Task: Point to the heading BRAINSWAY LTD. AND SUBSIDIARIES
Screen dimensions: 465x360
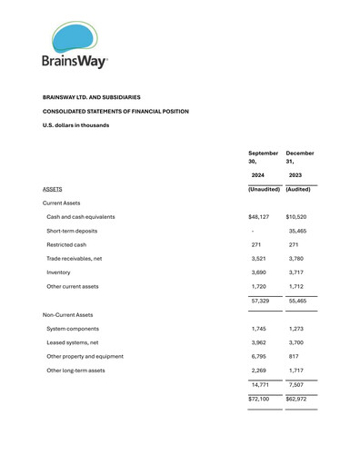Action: click(x=92, y=96)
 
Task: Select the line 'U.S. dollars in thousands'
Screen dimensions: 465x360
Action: click(x=76, y=125)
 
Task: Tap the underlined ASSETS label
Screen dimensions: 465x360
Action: click(x=53, y=189)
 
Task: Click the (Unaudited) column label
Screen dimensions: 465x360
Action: click(x=264, y=189)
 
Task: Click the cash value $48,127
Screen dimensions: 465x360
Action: click(x=260, y=217)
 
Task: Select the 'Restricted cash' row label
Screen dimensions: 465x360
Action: click(x=67, y=244)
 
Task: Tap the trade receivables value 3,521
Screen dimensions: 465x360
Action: click(x=258, y=258)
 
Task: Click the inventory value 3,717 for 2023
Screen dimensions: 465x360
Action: click(x=295, y=272)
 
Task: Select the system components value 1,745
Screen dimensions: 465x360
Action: click(x=258, y=328)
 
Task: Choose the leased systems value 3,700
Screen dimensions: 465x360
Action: click(x=295, y=342)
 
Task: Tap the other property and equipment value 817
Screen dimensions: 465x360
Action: click(x=293, y=356)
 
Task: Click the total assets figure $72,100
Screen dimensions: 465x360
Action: click(x=260, y=399)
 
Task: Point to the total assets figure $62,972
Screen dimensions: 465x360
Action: click(x=298, y=399)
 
